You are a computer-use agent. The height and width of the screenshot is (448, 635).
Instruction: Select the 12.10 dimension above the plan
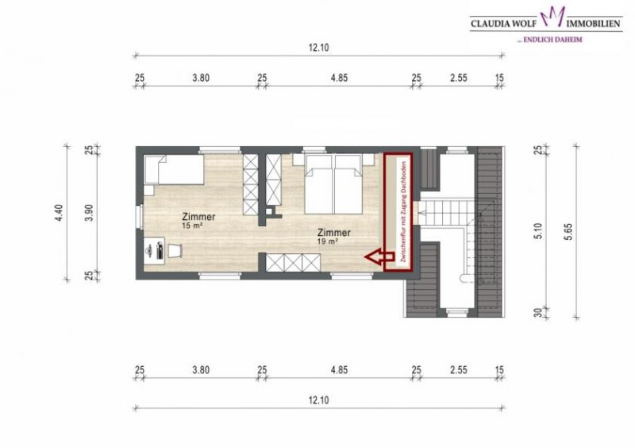coord(318,48)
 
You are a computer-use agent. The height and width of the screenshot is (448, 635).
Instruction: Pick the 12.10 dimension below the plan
coord(318,400)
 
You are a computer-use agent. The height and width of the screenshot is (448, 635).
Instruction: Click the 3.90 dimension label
coord(90,213)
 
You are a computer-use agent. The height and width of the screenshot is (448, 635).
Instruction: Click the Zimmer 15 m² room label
coord(198,220)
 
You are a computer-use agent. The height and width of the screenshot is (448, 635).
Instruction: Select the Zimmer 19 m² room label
coord(333,236)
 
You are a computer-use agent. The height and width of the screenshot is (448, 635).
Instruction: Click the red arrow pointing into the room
coord(377,257)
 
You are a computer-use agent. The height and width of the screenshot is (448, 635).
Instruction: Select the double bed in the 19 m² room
coord(334,182)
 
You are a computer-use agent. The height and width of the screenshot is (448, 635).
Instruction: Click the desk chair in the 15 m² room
coord(175,250)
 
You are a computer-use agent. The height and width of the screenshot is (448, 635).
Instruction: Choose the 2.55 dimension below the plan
coord(460,370)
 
